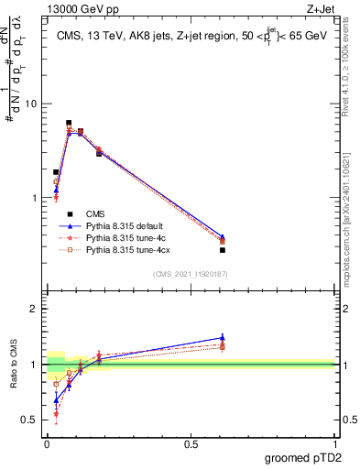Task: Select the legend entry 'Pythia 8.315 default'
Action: pos(124,224)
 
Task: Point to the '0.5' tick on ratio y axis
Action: pos(27,420)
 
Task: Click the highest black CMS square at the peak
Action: pos(69,123)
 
